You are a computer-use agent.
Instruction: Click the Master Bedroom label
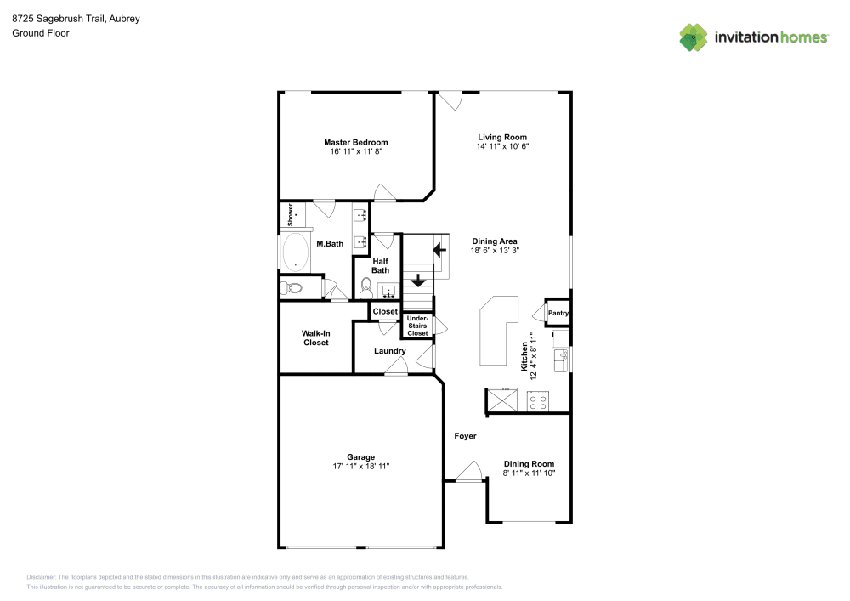click(355, 143)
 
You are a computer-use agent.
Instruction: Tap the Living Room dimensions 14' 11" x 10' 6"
click(502, 146)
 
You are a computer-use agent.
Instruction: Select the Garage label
click(361, 457)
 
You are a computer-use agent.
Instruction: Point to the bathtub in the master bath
click(296, 252)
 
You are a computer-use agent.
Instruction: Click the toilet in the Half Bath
click(366, 288)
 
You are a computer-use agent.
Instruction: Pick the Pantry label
click(558, 313)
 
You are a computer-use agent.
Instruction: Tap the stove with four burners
click(538, 403)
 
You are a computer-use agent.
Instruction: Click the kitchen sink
click(561, 361)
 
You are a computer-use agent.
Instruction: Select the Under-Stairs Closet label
click(417, 326)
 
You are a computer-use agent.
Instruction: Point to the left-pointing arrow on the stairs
click(439, 251)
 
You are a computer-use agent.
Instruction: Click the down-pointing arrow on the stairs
click(418, 281)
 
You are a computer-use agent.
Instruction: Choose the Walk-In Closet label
click(316, 338)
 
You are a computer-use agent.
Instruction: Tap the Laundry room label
click(390, 351)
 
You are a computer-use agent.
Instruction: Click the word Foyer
click(465, 436)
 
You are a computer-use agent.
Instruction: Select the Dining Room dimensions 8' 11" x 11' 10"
click(529, 473)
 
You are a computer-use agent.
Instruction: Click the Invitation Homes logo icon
click(694, 37)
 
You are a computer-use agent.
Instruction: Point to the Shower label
click(291, 214)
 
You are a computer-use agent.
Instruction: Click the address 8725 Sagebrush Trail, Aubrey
click(76, 19)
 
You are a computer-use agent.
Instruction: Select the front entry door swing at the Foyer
click(469, 470)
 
